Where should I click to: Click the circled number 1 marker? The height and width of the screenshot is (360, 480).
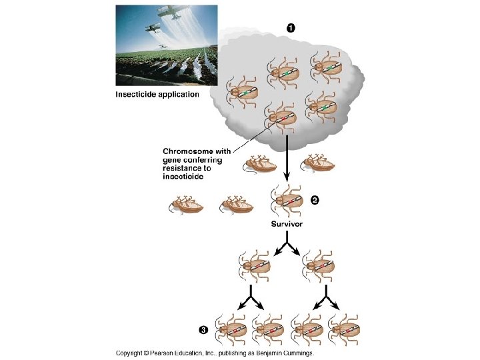(291, 27)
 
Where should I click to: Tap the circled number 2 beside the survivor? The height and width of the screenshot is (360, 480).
(315, 200)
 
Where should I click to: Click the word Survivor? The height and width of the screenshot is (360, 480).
(287, 225)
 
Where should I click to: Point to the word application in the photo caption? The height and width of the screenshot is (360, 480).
(176, 95)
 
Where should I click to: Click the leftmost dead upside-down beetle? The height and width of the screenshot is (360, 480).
(186, 205)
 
